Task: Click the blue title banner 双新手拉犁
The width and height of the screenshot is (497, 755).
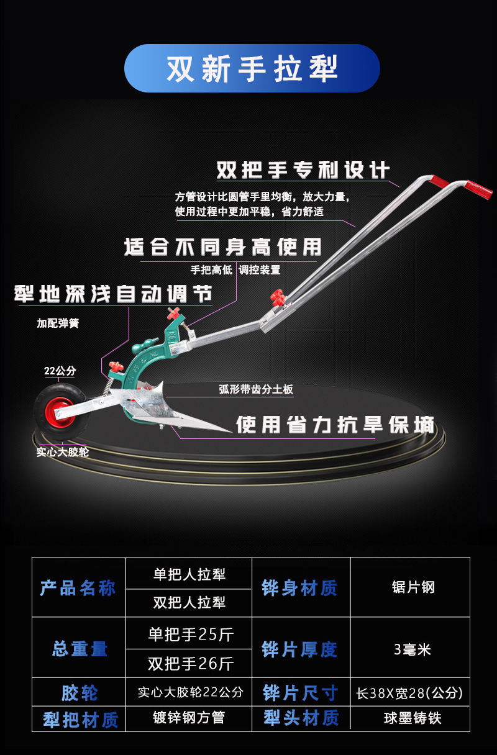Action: (252, 68)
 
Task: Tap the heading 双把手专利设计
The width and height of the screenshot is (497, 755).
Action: (303, 170)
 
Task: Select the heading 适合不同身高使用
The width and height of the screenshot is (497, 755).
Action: (223, 247)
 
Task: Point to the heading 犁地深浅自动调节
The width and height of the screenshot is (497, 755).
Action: (113, 294)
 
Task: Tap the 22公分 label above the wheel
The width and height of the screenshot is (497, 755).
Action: (60, 371)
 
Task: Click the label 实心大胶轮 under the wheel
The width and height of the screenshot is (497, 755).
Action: (62, 452)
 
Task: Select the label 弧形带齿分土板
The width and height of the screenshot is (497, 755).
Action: (256, 390)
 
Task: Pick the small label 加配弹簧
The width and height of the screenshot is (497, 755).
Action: (58, 323)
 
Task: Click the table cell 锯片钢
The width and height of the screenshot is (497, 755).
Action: (413, 587)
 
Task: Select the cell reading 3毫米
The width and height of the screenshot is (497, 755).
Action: (413, 649)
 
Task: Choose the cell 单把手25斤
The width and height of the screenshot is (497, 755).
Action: (190, 635)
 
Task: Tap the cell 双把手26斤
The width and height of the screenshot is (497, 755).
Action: (190, 664)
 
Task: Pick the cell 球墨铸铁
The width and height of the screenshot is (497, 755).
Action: (413, 718)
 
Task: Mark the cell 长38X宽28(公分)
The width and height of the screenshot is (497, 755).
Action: (409, 692)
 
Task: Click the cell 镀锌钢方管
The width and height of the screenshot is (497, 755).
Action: (189, 718)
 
